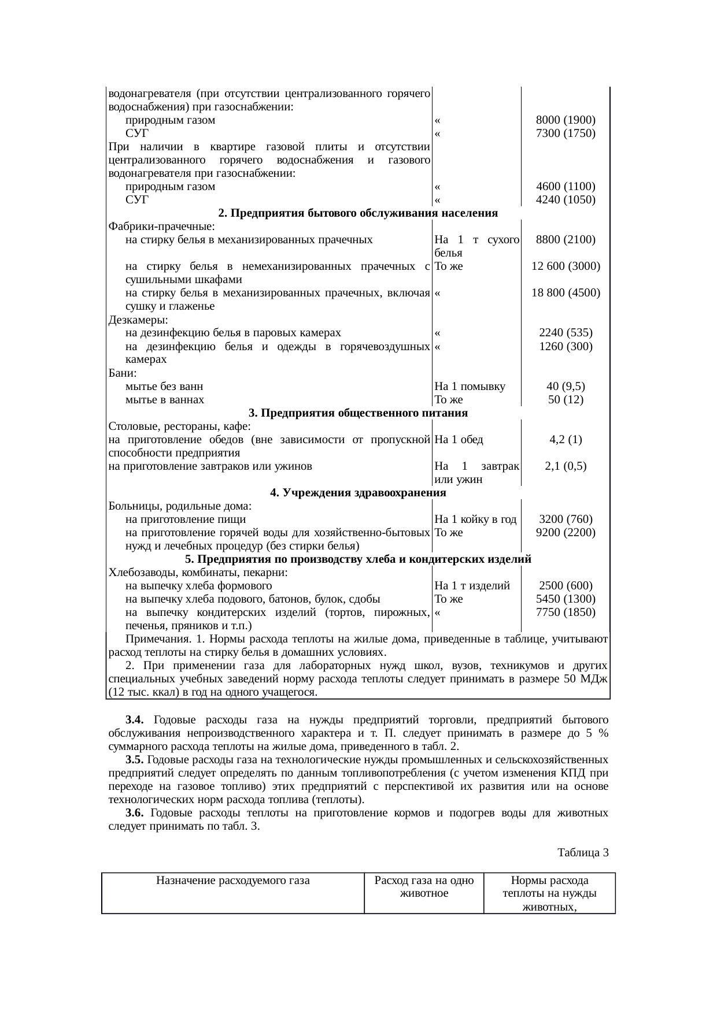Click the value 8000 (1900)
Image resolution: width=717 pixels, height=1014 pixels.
566,120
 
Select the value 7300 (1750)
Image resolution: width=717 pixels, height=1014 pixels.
566,133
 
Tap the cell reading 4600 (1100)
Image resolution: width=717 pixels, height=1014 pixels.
566,187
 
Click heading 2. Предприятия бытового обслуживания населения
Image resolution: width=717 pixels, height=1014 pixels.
358,213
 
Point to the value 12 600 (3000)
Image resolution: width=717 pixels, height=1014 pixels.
566,266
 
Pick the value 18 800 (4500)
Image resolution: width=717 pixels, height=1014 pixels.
566,293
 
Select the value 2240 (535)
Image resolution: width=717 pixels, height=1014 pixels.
566,333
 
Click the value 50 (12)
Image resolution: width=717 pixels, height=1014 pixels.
566,399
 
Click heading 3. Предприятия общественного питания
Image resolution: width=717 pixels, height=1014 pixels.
358,413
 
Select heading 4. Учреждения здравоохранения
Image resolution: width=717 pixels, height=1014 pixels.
358,493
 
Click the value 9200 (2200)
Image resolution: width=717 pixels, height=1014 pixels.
566,533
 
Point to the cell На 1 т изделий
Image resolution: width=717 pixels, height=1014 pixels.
471,586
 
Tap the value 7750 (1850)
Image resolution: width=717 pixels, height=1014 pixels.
566,612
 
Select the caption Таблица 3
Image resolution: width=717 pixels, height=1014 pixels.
583,852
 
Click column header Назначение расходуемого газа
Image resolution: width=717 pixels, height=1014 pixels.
233,881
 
